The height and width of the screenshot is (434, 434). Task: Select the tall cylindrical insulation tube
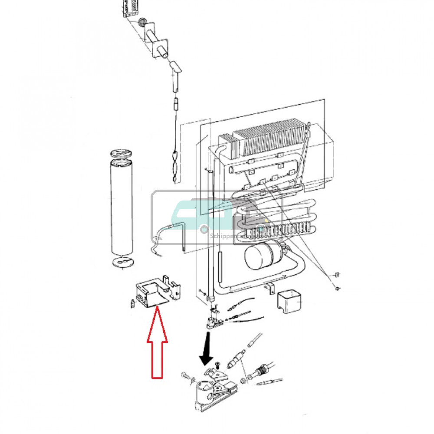tap(121, 208)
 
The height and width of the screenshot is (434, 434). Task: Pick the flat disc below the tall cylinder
tap(121, 263)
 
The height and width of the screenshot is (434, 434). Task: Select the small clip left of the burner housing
tap(131, 303)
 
